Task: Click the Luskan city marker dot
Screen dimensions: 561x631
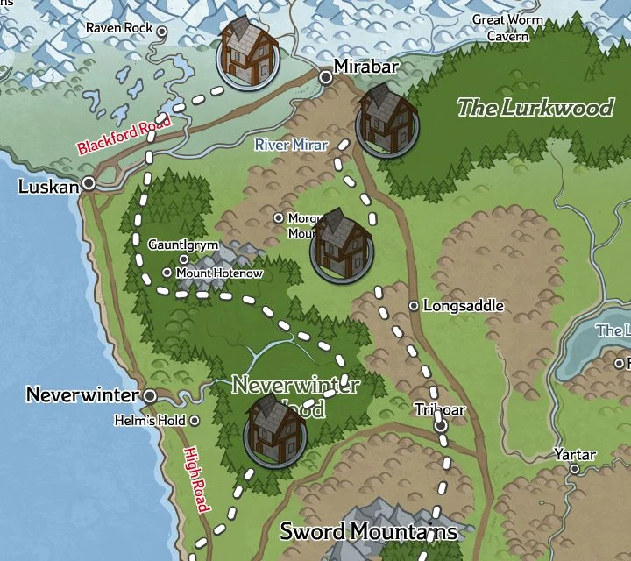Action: (89, 183)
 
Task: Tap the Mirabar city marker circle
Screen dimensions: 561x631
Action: (326, 78)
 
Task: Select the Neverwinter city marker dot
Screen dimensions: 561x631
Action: (150, 395)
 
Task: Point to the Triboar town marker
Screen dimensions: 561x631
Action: (441, 425)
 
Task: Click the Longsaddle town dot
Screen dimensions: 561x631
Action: (414, 306)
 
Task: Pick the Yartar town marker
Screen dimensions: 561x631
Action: (575, 469)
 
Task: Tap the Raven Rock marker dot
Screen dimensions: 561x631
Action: (161, 29)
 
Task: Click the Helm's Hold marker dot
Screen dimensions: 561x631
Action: (194, 421)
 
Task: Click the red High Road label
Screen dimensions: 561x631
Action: (195, 479)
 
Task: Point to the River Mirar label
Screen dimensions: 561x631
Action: (292, 145)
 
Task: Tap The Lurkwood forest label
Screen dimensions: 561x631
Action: (535, 108)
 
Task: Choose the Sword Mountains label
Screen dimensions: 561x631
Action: (368, 531)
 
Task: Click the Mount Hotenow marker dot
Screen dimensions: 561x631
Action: (167, 273)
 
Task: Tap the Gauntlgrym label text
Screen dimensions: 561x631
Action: (182, 245)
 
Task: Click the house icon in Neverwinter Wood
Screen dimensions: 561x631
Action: (275, 430)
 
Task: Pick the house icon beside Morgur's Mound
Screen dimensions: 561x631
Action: (342, 245)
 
